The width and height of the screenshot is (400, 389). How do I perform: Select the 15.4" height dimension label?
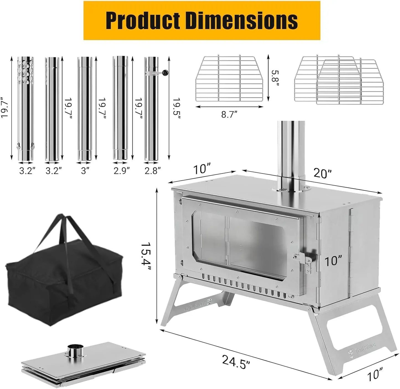tap(146, 257)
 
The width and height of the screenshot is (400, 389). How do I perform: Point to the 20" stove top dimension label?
tap(322, 173)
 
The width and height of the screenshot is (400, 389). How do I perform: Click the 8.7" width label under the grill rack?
tap(229, 114)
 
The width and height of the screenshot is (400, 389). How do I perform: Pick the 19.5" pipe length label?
tap(177, 108)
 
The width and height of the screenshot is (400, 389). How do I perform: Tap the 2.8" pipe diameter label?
tap(153, 171)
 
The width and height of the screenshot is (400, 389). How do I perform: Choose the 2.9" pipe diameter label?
tap(122, 171)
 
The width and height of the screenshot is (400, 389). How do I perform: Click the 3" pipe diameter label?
tap(85, 171)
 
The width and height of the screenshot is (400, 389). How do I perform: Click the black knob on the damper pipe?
tap(166, 73)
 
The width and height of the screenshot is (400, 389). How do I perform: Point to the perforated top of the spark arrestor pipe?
tap(25, 71)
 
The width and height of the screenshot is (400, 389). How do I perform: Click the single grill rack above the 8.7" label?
tap(229, 79)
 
